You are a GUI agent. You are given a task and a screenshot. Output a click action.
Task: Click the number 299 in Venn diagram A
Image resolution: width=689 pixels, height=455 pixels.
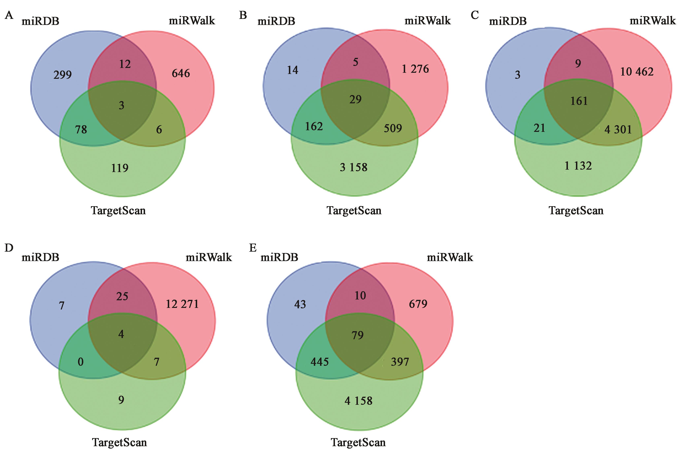pyautogui.click(x=62, y=75)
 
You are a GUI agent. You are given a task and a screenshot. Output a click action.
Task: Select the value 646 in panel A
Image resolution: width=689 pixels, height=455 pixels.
pyautogui.click(x=181, y=73)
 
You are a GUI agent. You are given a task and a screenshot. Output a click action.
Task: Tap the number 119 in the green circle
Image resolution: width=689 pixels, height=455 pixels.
pyautogui.click(x=120, y=168)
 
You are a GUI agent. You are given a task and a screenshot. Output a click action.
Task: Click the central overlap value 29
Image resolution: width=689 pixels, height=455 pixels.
pyautogui.click(x=355, y=99)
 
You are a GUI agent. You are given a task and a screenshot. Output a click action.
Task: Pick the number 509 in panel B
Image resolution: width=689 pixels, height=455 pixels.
pyautogui.click(x=393, y=128)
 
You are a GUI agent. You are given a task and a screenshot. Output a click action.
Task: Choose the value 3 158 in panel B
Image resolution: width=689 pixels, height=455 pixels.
pyautogui.click(x=353, y=167)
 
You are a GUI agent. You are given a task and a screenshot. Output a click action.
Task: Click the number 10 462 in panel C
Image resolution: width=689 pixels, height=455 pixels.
pyautogui.click(x=637, y=72)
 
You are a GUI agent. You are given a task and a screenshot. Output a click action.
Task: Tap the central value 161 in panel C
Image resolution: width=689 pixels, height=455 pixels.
pyautogui.click(x=579, y=101)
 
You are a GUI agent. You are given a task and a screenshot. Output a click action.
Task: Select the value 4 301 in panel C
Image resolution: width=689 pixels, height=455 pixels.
pyautogui.click(x=618, y=129)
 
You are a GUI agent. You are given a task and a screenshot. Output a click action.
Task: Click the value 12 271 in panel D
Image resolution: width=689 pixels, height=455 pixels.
pyautogui.click(x=182, y=304)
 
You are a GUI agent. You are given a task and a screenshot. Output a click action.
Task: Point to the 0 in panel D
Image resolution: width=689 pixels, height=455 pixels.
pyautogui.click(x=81, y=362)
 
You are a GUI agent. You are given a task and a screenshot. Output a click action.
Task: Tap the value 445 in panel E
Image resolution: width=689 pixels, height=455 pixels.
pyautogui.click(x=319, y=362)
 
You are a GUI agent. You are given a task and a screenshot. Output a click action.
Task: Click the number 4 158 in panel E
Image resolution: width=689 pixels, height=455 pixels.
pyautogui.click(x=358, y=401)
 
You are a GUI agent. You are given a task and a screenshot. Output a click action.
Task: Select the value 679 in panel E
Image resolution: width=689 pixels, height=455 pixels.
pyautogui.click(x=418, y=304)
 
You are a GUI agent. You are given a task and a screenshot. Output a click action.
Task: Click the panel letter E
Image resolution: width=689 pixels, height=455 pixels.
pyautogui.click(x=253, y=248)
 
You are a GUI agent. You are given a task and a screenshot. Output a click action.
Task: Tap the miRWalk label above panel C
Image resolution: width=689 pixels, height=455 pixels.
pyautogui.click(x=652, y=21)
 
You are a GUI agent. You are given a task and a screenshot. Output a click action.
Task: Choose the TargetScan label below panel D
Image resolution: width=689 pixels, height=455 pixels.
pyautogui.click(x=119, y=443)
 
